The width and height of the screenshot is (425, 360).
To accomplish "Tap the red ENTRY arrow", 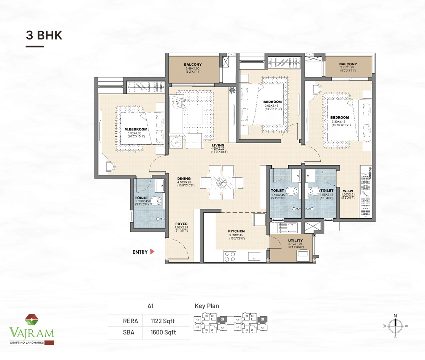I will pyautogui.click(x=152, y=251).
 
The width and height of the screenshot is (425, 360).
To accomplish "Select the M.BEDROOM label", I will pyautogui.click(x=136, y=129).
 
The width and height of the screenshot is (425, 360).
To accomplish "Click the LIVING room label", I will pyautogui.click(x=218, y=145).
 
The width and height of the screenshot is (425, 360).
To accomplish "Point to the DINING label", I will pyautogui.click(x=184, y=179).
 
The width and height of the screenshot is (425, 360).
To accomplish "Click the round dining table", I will pyautogui.click(x=222, y=182).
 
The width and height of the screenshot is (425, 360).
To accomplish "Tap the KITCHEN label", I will pyautogui.click(x=236, y=231).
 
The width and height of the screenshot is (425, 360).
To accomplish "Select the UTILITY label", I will pyautogui.click(x=295, y=240).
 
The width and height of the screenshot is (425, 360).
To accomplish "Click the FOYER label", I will pyautogui.click(x=181, y=224).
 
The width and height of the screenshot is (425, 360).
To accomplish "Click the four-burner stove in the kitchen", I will pyautogui.click(x=229, y=257).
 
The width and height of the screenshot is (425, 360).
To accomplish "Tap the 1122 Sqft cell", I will pyautogui.click(x=163, y=321).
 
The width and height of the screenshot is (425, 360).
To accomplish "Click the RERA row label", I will pyautogui.click(x=128, y=321).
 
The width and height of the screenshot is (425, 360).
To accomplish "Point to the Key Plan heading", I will pyautogui.click(x=207, y=306).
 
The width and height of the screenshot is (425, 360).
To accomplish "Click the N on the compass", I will pyautogui.click(x=395, y=315).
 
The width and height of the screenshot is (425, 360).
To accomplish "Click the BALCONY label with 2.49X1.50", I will pyautogui.click(x=193, y=65).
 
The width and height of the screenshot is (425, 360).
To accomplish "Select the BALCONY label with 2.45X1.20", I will pyautogui.click(x=348, y=64).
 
